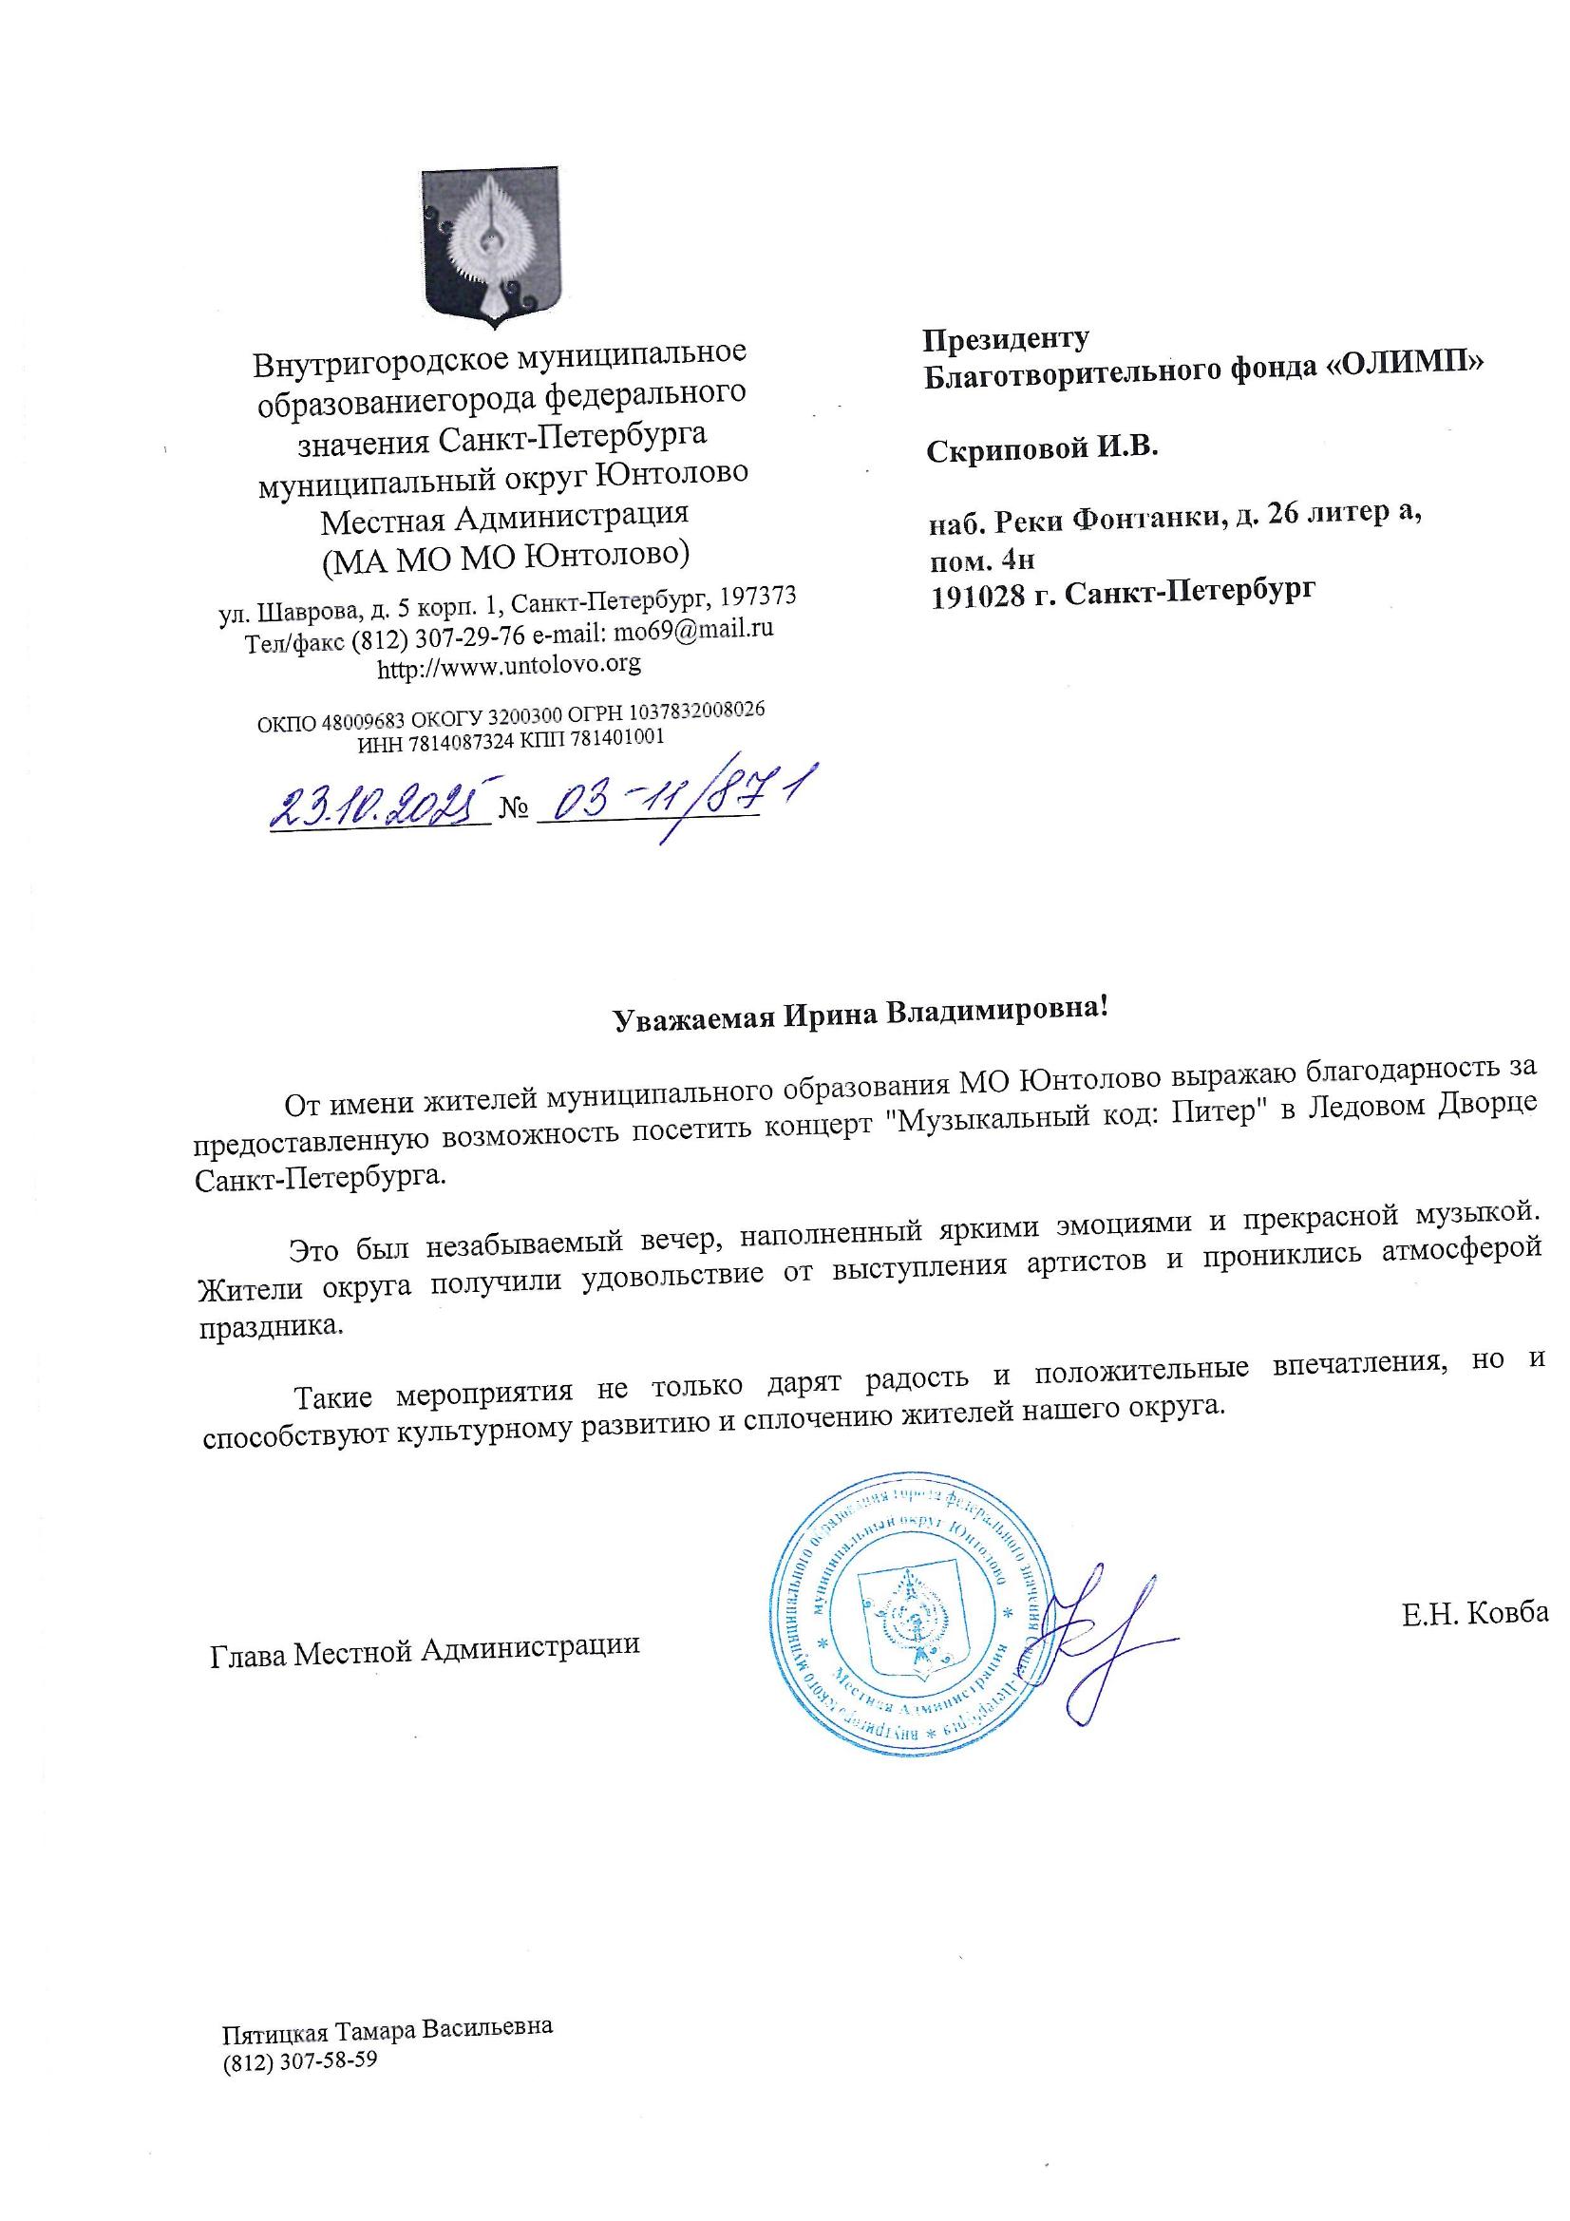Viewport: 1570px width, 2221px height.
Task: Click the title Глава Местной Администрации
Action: point(426,1644)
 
